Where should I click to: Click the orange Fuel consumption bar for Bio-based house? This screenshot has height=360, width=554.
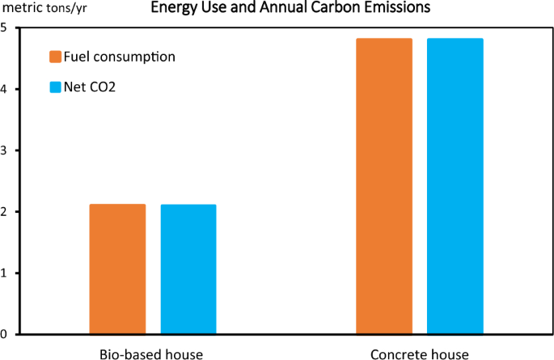pos(117,269)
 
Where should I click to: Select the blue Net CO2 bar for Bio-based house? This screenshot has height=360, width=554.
pos(188,269)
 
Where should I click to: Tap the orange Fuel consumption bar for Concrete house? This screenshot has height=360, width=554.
pos(384,186)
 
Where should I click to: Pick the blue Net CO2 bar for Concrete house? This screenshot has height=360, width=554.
pos(455,186)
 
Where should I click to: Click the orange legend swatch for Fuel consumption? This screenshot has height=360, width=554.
pos(56,57)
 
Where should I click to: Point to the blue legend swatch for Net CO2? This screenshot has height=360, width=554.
pos(56,87)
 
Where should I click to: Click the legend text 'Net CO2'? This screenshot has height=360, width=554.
pos(92,87)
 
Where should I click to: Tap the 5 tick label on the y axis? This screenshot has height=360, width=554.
pos(6,28)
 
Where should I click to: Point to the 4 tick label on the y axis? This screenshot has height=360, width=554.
pos(6,89)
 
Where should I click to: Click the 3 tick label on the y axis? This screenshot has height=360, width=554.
pos(6,150)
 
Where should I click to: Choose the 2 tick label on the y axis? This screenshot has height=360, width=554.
pos(6,212)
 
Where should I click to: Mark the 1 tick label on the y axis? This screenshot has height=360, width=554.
pos(6,273)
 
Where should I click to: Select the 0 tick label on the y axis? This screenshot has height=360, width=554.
pos(6,334)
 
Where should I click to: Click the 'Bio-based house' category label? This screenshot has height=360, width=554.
pos(152,354)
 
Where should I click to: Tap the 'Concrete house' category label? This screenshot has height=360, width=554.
pos(419,354)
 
